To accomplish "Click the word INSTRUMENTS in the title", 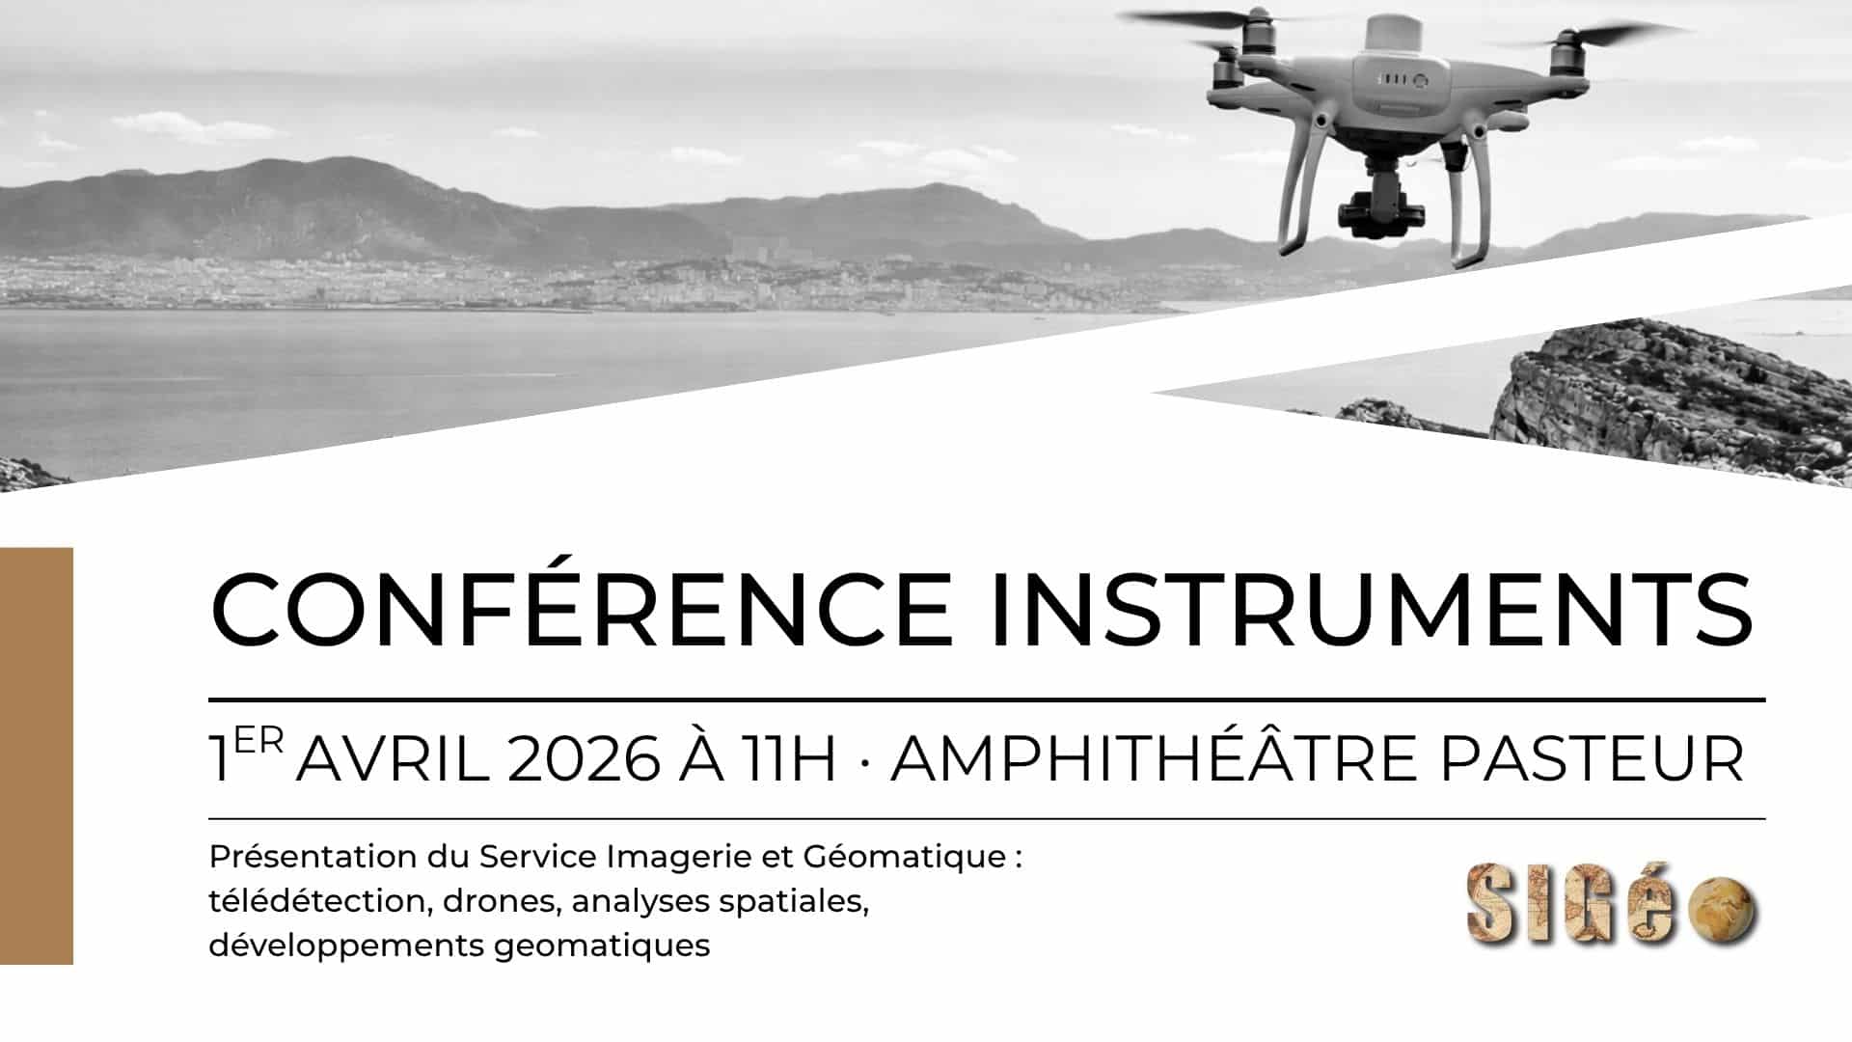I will click(x=1371, y=610).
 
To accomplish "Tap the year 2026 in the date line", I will click(x=583, y=759).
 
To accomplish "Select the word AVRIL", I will click(x=393, y=759).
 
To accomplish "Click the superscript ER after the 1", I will click(x=259, y=741).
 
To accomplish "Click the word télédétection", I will click(x=315, y=901).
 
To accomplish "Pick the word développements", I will click(x=345, y=946).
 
